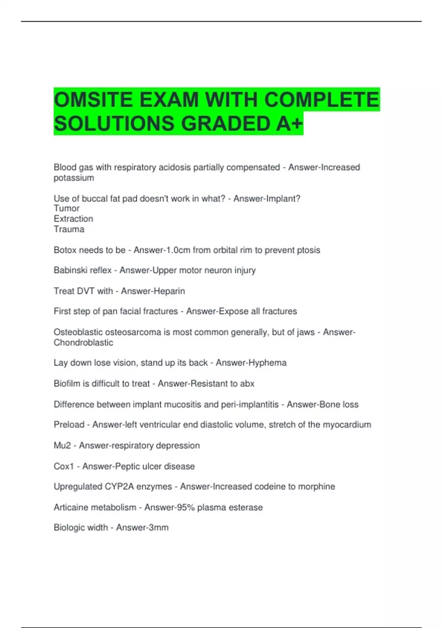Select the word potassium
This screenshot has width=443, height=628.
[74, 178]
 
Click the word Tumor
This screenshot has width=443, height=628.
[66, 208]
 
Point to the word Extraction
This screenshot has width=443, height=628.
[73, 219]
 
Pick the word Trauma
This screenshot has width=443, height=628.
[69, 229]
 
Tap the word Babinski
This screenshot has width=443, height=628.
[70, 270]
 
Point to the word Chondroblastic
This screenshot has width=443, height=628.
[83, 342]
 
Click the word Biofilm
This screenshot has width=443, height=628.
[67, 383]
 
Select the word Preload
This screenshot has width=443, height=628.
[69, 425]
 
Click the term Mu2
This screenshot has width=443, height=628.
[62, 446]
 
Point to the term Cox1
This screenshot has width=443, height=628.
[64, 466]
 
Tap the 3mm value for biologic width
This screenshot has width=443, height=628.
[158, 528]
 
